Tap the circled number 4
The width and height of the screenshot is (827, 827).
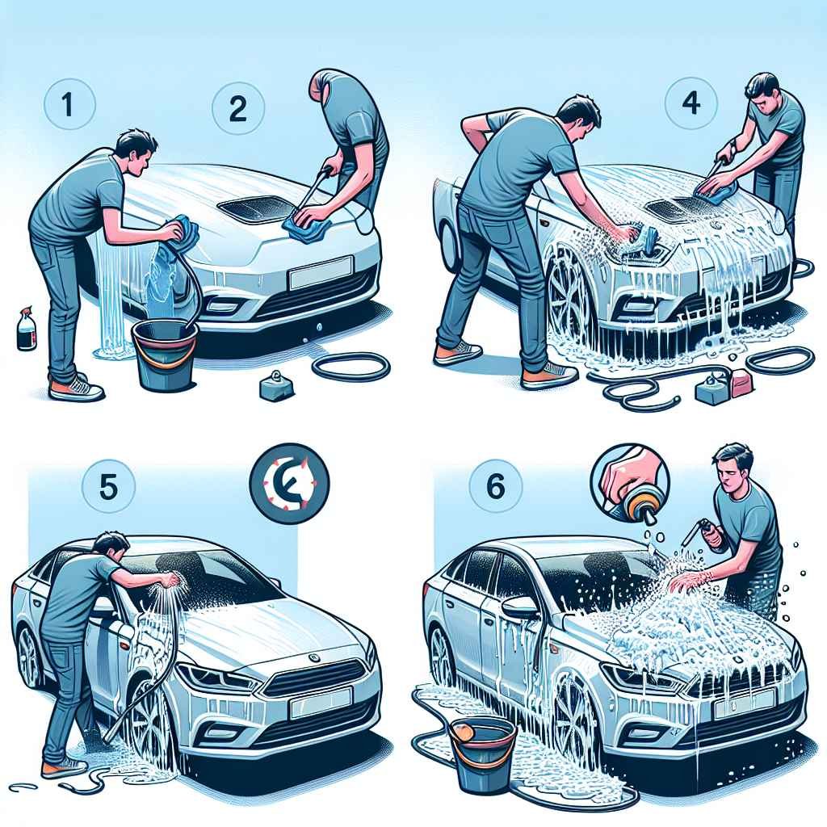click(x=690, y=103)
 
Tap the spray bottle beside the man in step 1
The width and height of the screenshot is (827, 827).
click(x=26, y=329)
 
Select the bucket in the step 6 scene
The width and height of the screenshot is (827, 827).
click(x=483, y=754)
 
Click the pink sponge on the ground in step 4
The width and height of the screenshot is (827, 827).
click(x=741, y=384)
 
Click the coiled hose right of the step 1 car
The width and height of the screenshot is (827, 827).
click(x=352, y=367)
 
